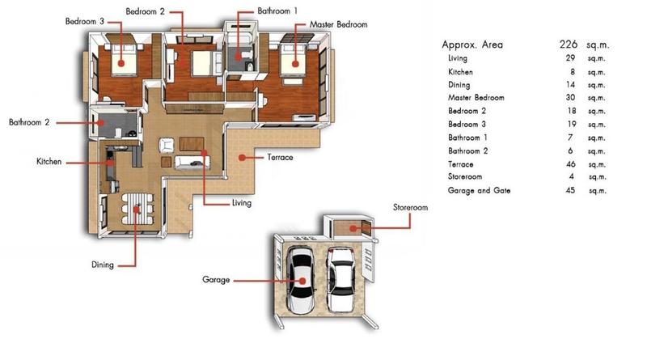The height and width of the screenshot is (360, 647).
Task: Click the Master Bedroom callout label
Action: tap(338, 25)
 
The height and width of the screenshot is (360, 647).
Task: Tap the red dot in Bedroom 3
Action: tap(121, 63)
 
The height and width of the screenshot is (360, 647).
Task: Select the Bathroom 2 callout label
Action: tap(29, 122)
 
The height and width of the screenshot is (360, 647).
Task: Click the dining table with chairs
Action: tap(137, 209)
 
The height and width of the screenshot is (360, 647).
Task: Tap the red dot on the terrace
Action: tap(242, 158)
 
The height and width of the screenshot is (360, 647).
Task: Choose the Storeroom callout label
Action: tap(410, 207)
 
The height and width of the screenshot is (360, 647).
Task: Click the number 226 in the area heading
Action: tap(569, 44)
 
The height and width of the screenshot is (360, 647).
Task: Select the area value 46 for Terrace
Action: tap(571, 164)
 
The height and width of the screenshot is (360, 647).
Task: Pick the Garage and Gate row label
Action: tap(479, 190)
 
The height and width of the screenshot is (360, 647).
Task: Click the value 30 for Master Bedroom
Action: tap(571, 97)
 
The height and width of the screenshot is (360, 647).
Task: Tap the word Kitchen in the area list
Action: tap(460, 72)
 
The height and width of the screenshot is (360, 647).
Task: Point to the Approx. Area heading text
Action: tap(472, 44)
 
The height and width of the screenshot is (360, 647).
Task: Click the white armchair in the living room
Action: tap(167, 145)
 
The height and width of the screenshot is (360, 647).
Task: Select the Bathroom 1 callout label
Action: tap(277, 11)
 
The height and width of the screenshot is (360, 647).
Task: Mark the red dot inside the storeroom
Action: tap(353, 228)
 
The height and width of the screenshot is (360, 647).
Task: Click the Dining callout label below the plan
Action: tap(103, 265)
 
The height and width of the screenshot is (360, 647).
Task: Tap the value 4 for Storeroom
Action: tap(572, 176)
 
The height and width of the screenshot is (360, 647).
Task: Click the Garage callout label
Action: tap(216, 280)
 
